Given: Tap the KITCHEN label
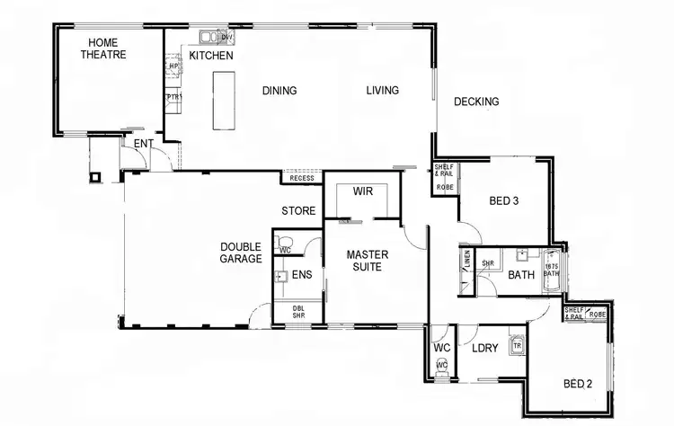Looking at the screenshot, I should click(x=211, y=56).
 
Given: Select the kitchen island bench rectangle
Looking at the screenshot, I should click(x=221, y=102).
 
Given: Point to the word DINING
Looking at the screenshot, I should click(x=279, y=91).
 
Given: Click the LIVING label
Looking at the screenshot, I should click(x=382, y=91).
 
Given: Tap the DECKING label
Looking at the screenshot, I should click(x=475, y=102).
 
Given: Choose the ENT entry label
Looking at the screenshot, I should click(x=143, y=144).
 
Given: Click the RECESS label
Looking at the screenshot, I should click(x=302, y=179).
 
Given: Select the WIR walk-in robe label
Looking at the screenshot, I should click(x=363, y=191).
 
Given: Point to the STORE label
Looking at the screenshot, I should click(x=298, y=212).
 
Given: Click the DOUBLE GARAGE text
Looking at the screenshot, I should click(x=241, y=253).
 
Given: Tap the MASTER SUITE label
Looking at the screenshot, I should click(x=368, y=261).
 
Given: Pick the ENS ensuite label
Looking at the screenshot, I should click(x=301, y=275).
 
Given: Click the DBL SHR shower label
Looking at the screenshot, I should click(x=298, y=312).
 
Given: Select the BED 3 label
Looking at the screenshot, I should click(x=503, y=201).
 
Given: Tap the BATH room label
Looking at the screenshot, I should click(x=522, y=275).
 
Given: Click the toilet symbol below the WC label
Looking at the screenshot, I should click(x=440, y=366).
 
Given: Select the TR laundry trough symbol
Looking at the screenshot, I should click(x=517, y=344).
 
